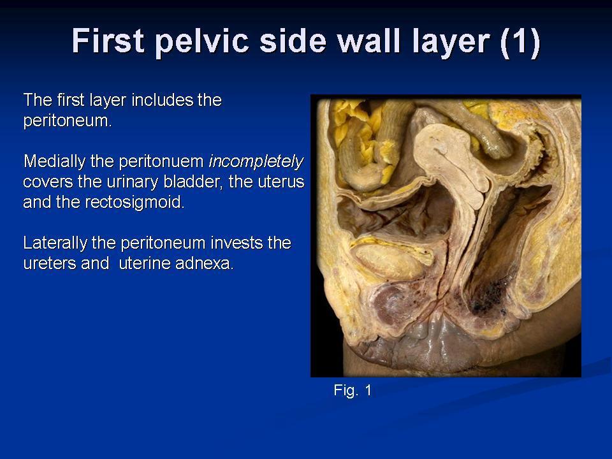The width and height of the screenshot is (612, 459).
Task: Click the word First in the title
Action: (108, 40)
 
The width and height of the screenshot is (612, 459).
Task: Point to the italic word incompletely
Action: (256, 161)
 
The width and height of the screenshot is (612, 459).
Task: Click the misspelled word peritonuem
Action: (161, 161)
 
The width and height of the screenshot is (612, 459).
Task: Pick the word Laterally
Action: (56, 243)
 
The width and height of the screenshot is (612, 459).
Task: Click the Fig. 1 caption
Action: (353, 390)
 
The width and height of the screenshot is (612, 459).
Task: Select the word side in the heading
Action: (293, 41)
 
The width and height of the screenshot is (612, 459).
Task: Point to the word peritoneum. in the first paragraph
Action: (68, 121)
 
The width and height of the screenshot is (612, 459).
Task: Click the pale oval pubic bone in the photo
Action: (390, 261)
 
